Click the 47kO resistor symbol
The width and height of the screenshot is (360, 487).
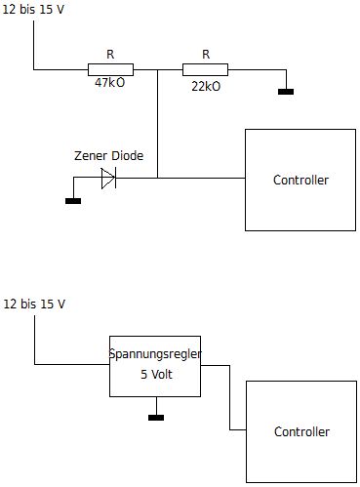[110, 69]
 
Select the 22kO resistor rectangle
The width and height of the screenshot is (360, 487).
[205, 69]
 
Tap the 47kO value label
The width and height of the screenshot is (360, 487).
[109, 83]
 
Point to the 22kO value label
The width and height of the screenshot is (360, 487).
[206, 87]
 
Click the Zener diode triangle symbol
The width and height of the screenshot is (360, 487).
[108, 179]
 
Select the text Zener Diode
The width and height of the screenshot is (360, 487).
[108, 156]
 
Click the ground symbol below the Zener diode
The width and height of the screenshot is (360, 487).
[73, 201]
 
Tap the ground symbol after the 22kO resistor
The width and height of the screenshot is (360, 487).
[286, 92]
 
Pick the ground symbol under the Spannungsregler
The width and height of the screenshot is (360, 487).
[156, 418]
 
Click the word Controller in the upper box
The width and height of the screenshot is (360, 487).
[300, 180]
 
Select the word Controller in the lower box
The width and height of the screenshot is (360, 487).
[301, 431]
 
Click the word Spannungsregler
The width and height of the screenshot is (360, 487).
[155, 354]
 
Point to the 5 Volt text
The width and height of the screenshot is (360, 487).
[156, 375]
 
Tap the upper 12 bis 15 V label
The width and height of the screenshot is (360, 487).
[33, 10]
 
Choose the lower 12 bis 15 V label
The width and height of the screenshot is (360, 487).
[34, 304]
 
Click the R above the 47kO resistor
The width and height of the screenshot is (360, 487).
[110, 55]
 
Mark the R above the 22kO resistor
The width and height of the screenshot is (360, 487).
[206, 55]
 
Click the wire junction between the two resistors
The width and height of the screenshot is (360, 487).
[158, 69]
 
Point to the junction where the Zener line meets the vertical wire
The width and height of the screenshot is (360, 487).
[158, 178]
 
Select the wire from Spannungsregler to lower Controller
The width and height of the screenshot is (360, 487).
[230, 397]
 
